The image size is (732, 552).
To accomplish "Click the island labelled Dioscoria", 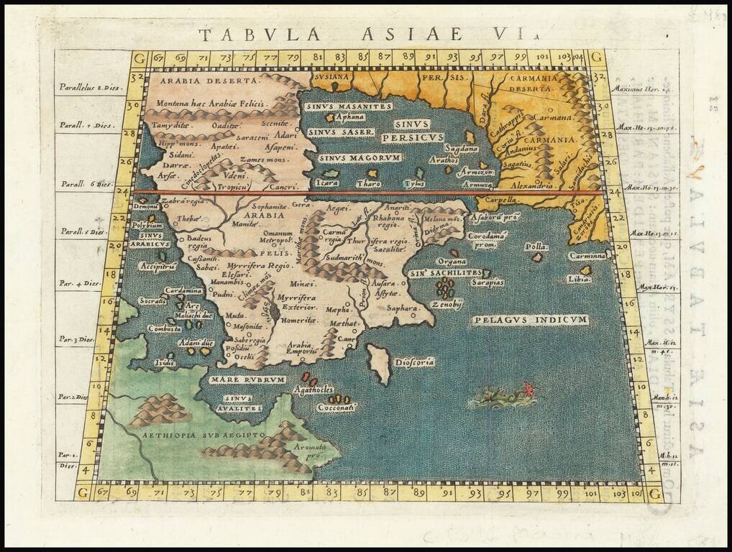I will (x=378, y=364).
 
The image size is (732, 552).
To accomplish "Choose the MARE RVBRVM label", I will (x=248, y=379).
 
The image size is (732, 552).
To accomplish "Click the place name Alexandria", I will (x=530, y=185).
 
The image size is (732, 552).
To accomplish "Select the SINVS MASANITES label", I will (x=348, y=106).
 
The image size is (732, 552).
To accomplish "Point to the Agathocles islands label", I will (x=314, y=390).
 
